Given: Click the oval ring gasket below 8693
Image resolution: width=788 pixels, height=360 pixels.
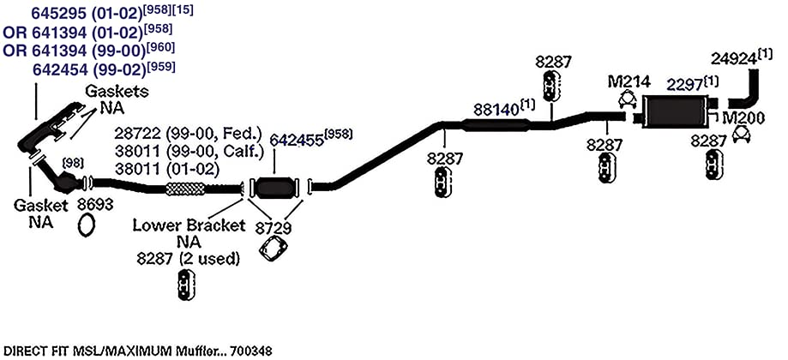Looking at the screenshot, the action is coord(87,225).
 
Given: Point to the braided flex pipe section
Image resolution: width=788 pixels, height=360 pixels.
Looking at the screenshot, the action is coord(185,189).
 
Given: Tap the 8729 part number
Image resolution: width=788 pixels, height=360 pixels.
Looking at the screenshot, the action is coord(273,228).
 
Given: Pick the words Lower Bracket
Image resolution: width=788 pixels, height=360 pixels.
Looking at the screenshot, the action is coord(189,225).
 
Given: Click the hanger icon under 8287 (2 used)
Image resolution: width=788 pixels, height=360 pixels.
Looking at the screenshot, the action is coord(186,285).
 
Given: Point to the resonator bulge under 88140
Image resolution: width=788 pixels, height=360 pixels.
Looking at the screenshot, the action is coord(496,125).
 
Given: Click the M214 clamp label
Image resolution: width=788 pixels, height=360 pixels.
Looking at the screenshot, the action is coord(629,81).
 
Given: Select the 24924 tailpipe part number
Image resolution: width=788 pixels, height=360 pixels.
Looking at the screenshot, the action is coord(734,59).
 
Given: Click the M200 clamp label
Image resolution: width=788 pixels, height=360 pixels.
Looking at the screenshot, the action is coord(743,118).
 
